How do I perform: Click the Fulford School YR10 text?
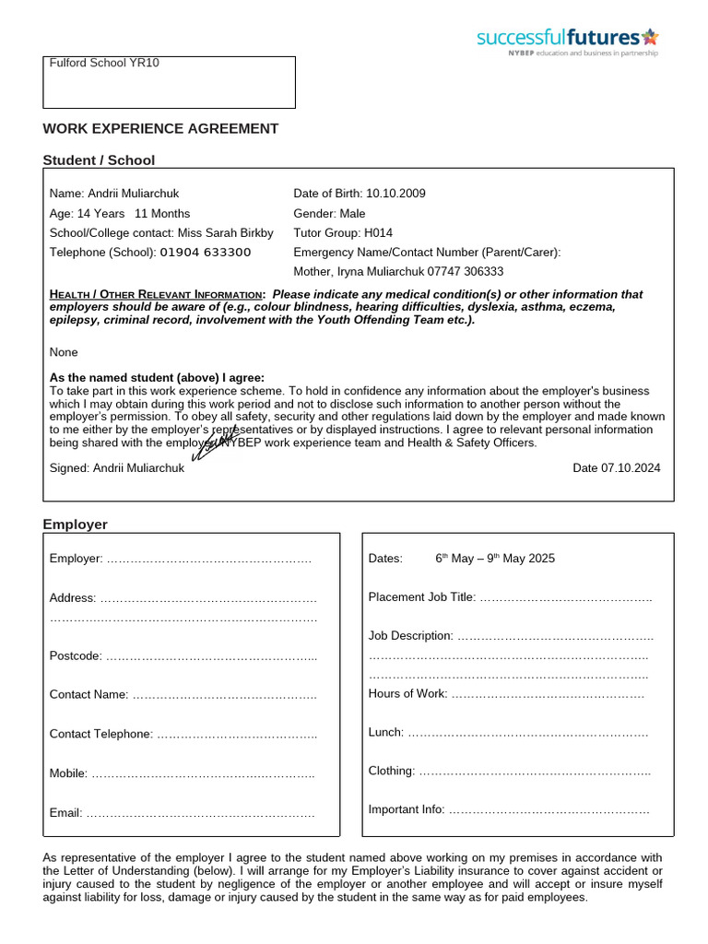pos(104,63)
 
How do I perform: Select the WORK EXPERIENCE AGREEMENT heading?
pos(160,128)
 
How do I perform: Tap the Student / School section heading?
pos(99,159)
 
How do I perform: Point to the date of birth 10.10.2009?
pos(395,194)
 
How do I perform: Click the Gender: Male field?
pos(329,213)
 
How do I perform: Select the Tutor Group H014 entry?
pos(343,233)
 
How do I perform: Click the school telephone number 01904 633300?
pos(206,253)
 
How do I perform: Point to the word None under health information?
pos(64,352)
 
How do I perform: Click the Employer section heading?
pos(76,525)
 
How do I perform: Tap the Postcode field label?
pos(76,655)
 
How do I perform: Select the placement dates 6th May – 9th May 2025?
pos(495,559)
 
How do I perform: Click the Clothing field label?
pos(391,771)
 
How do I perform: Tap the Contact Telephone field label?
pos(100,734)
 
